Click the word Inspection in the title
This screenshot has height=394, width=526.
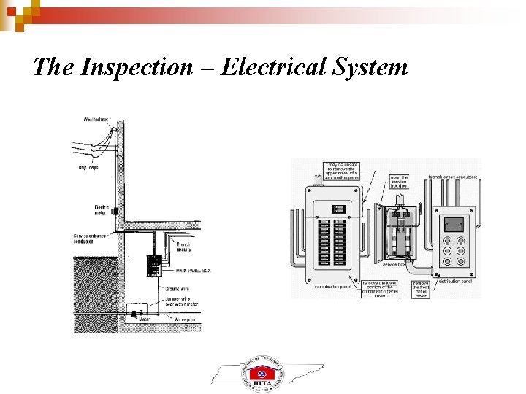point(134,68)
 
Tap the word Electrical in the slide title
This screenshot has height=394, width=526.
point(267,68)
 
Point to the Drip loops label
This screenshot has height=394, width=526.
point(89,167)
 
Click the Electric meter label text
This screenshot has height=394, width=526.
point(102,210)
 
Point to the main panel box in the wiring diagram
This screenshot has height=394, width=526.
point(153,266)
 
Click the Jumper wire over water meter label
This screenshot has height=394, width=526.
point(183,302)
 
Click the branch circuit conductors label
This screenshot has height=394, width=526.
point(452,177)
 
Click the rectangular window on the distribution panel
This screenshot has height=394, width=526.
point(454,223)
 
